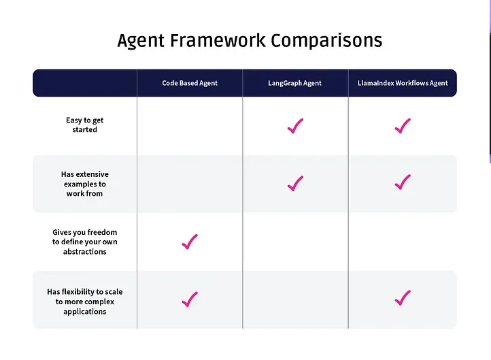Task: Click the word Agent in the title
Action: tap(141, 41)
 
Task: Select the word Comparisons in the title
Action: tap(326, 40)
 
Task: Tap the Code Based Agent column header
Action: tap(190, 83)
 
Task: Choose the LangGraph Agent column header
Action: tap(294, 83)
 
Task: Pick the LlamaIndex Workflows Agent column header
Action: tap(403, 83)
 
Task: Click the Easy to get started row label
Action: tap(84, 125)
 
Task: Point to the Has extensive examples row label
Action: tap(84, 184)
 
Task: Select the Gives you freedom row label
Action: tap(84, 242)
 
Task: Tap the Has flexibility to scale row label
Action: tap(84, 301)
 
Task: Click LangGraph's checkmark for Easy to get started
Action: tap(295, 126)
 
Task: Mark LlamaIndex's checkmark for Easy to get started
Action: tap(403, 126)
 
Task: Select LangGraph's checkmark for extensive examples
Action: tap(295, 183)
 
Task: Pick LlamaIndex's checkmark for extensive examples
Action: tap(403, 182)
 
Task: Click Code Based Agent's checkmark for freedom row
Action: tap(190, 242)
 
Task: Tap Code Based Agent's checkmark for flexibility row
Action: tap(190, 299)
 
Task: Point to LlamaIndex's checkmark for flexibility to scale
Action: tap(403, 297)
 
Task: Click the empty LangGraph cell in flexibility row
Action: tap(295, 300)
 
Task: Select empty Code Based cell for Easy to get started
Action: tap(190, 126)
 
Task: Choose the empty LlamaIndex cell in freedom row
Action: tap(403, 242)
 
